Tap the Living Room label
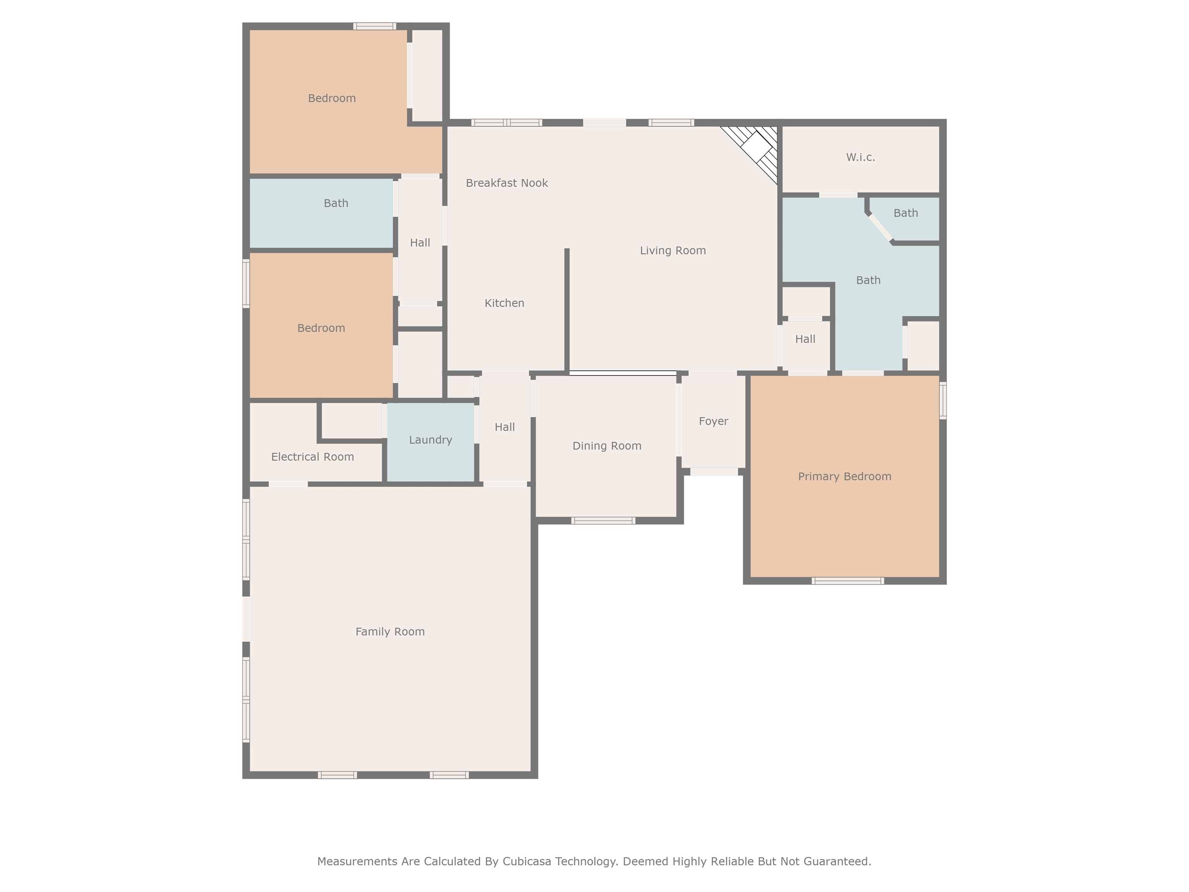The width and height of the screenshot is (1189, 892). coord(672,250)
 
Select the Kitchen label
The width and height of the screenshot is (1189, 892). coord(504,303)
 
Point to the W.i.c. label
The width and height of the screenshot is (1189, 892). coord(860,158)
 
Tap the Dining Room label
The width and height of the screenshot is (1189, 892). coord(606,446)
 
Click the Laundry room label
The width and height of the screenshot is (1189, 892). coord(430,440)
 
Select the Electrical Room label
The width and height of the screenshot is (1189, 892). coord(312,457)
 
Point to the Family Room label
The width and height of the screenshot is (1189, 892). coord(390,632)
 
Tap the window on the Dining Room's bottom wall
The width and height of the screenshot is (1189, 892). coord(603,520)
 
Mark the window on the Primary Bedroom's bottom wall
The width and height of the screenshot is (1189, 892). coord(847,581)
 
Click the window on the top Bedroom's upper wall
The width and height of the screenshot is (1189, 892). coord(375,26)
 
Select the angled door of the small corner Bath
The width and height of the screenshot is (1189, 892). coord(881,227)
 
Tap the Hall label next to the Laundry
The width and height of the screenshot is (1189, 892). coord(504,427)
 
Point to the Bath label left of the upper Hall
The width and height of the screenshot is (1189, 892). coord(336,203)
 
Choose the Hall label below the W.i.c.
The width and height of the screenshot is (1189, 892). coord(805,339)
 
